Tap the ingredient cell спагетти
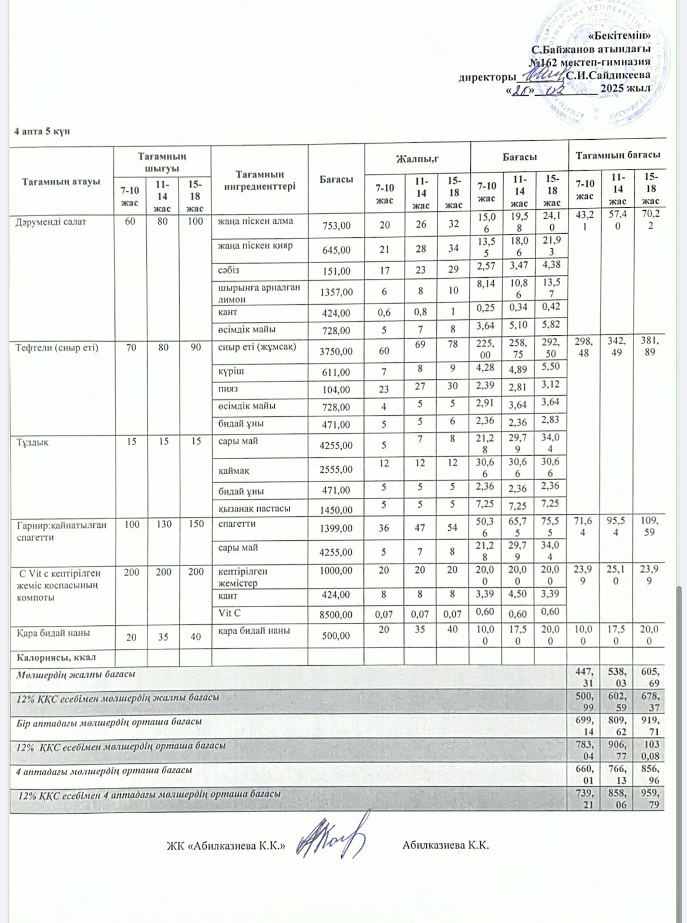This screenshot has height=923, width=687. (x=237, y=524)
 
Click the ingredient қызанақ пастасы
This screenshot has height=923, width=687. (x=254, y=508)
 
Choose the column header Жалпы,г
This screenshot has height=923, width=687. (x=417, y=159)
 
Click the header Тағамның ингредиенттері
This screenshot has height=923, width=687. (x=259, y=180)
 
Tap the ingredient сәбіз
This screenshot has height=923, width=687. (x=228, y=271)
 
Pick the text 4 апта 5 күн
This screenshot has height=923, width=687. (x=42, y=131)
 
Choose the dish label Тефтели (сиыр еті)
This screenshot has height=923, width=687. (x=56, y=348)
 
